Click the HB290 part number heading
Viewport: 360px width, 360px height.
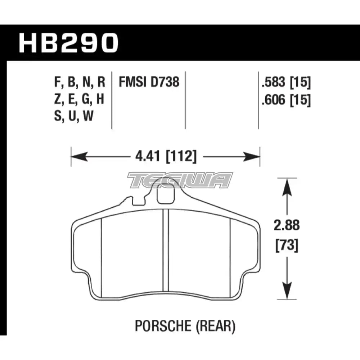pos(69,43)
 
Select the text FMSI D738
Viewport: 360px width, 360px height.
pos(149,82)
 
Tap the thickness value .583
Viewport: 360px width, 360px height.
pos(274,82)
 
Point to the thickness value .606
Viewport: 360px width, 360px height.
pos(274,100)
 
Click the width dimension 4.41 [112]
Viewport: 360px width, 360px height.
pos(166,157)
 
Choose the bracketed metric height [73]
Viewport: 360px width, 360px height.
pos(287,245)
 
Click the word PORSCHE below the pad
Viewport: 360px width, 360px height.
pos(163,326)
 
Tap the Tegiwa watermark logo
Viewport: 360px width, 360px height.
pos(180,180)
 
